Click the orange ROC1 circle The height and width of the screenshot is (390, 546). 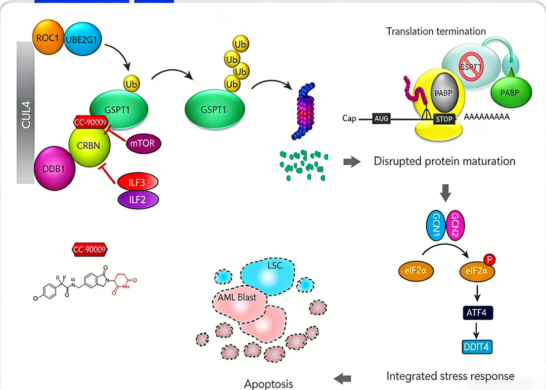[x=48, y=38]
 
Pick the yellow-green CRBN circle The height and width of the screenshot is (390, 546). [x=89, y=146]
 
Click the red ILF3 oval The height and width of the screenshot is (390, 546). [x=138, y=181]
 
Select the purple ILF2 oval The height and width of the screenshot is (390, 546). [x=138, y=200]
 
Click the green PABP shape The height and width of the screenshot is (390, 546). [x=512, y=93]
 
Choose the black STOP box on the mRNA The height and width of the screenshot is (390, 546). [x=444, y=120]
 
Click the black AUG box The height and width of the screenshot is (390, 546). [x=382, y=119]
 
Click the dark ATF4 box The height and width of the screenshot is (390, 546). [x=477, y=313]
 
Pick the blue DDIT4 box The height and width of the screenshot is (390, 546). [x=477, y=347]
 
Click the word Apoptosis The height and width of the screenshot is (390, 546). [x=268, y=383]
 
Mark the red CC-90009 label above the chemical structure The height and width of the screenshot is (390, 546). [x=90, y=249]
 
